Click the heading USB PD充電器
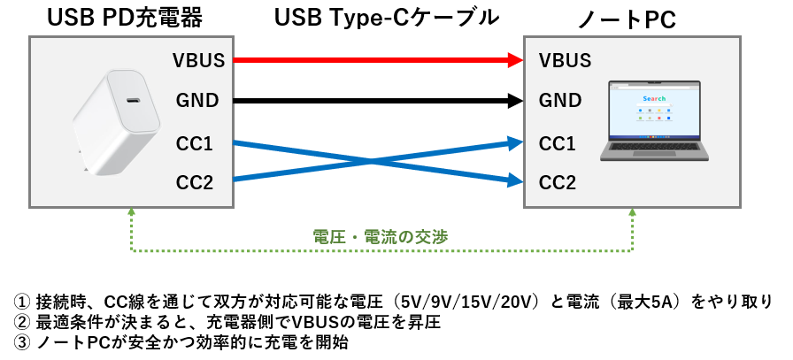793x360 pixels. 125,19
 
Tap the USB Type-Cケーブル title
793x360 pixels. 387,19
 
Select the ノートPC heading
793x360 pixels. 627,20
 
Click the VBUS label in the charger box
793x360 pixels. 199,60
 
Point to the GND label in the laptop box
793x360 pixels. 560,101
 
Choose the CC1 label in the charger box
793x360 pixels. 194,144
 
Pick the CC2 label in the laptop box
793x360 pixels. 558,182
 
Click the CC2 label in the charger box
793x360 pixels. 194,182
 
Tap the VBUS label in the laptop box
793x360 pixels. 565,60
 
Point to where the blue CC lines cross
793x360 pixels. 373,162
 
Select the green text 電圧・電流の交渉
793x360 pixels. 381,237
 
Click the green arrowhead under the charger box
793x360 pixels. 132,212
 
